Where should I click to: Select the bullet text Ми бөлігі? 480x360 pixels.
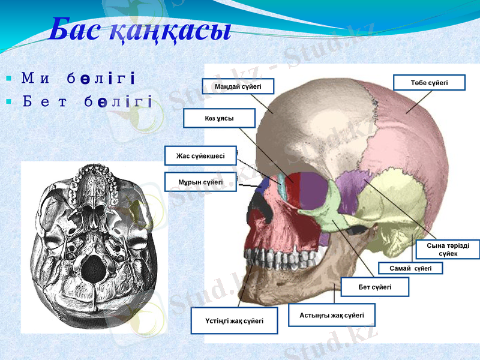coord(77,78)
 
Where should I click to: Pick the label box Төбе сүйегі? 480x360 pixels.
coord(429,82)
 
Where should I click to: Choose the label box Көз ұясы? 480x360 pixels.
coord(219,118)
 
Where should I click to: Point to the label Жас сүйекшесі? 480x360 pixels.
coord(200,156)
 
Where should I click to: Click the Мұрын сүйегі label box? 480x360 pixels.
coord(200,182)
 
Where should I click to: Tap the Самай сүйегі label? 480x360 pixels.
coord(411,268)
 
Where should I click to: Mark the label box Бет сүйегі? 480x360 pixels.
coord(374,287)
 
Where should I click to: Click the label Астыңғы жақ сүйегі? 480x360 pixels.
coord(332,315)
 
